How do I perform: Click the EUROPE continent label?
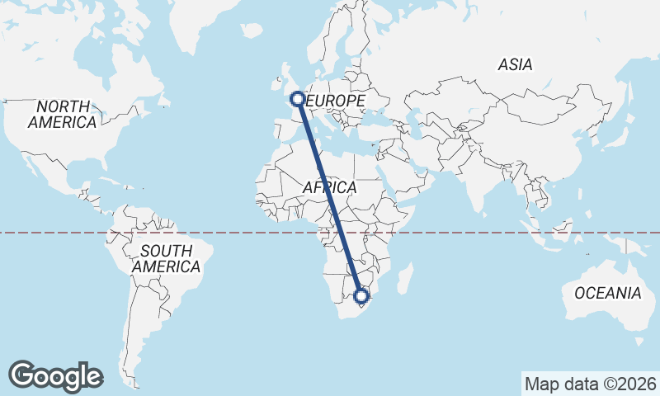(x=336, y=101)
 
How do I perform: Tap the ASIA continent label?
(x=515, y=64)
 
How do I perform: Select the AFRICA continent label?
(x=329, y=188)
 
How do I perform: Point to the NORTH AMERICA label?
(x=62, y=114)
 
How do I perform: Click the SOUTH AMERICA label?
(x=166, y=258)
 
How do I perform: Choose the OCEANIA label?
(x=607, y=293)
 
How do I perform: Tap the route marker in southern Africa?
(x=361, y=295)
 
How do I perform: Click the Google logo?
(x=55, y=376)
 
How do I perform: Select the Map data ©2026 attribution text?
(x=591, y=384)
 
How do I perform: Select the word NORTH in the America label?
(x=62, y=106)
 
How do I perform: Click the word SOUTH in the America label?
(x=166, y=251)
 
